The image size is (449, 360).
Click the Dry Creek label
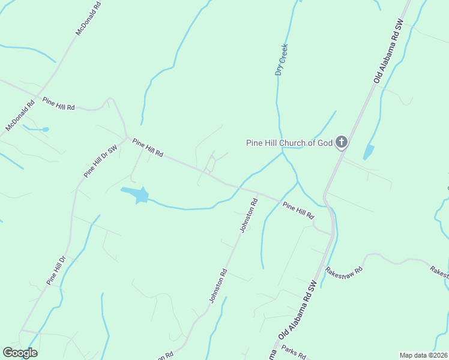[x=282, y=59]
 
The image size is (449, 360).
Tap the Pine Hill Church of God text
[x=289, y=143]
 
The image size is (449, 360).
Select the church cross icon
[x=341, y=142]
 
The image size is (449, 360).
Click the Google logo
[x=20, y=353]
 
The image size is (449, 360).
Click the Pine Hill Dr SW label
[x=100, y=161]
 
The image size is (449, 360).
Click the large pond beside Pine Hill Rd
[x=136, y=194]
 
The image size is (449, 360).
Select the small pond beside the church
[x=369, y=152]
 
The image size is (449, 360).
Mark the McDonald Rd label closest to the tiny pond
[x=20, y=115]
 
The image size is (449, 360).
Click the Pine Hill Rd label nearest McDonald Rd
[x=58, y=103]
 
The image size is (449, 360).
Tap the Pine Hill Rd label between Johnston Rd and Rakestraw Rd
[x=298, y=210]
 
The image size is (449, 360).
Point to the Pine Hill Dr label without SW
[x=55, y=271]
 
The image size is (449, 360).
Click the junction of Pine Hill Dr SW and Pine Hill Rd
[x=128, y=139]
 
